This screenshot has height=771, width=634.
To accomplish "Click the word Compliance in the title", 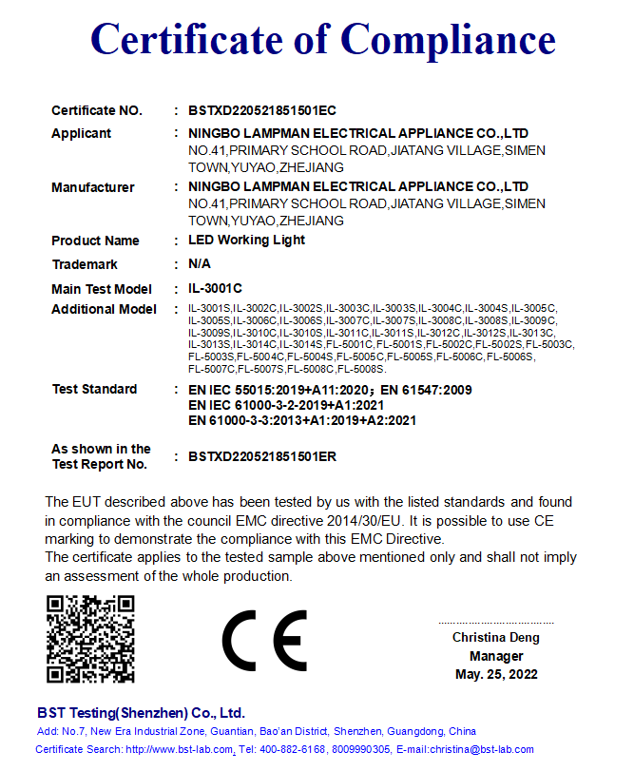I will pos(448,40).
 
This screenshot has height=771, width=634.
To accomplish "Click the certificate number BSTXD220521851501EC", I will pos(262,111).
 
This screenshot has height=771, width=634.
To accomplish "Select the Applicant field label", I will pos(81,134).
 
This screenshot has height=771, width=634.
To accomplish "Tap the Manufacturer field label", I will pos(92,187).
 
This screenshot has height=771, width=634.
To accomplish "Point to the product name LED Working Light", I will pos(246,241).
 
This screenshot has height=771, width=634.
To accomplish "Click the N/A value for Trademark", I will pos(200,264).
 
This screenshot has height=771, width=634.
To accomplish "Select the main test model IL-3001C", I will pos(215,288).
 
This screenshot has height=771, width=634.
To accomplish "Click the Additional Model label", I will pos(104,310).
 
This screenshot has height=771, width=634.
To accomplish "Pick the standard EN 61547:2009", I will pos(426,390).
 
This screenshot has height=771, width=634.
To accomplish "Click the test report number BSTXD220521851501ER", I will pos(262,456).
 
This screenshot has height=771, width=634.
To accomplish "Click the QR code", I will pos(90,639).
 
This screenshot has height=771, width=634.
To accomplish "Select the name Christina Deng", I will pos(495,638).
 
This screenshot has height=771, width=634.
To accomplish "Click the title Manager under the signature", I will pos(495,656).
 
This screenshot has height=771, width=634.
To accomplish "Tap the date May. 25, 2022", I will pos(495,675).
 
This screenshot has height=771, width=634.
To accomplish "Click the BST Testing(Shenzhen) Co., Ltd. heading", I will pos(141,712).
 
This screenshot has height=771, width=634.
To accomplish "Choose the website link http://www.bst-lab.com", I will pos(180,750).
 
